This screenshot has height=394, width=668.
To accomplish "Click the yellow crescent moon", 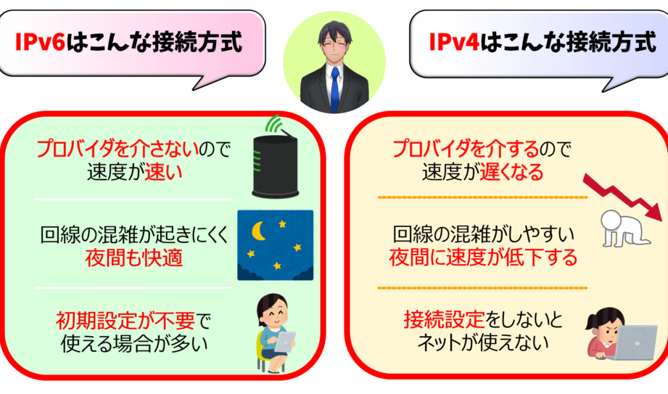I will point(259,231).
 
